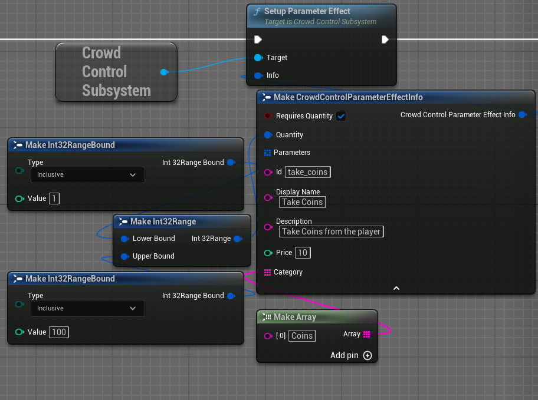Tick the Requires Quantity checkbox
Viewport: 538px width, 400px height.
click(341, 116)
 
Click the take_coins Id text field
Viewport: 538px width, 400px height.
click(308, 172)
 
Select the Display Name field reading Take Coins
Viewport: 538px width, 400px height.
click(302, 202)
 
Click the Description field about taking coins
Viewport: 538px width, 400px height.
click(331, 232)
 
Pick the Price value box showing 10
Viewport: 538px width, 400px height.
click(303, 253)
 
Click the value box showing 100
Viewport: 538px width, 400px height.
click(59, 332)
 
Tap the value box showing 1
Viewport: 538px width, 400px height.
click(54, 199)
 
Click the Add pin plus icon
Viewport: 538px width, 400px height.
click(368, 355)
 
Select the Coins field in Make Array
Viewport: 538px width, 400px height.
click(302, 336)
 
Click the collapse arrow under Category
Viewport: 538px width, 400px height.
click(396, 288)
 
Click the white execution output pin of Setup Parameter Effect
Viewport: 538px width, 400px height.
click(385, 39)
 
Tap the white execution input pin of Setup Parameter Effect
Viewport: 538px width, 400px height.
click(258, 39)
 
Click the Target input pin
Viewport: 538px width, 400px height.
click(258, 58)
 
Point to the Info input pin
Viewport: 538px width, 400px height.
click(258, 75)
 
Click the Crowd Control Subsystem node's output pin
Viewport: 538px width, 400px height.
click(165, 72)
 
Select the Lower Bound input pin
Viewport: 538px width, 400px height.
click(125, 239)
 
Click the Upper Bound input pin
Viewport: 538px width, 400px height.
click(125, 256)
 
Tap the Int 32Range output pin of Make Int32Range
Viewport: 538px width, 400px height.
click(238, 239)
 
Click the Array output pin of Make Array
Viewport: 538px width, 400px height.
click(367, 334)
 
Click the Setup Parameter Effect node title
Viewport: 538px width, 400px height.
click(307, 11)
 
